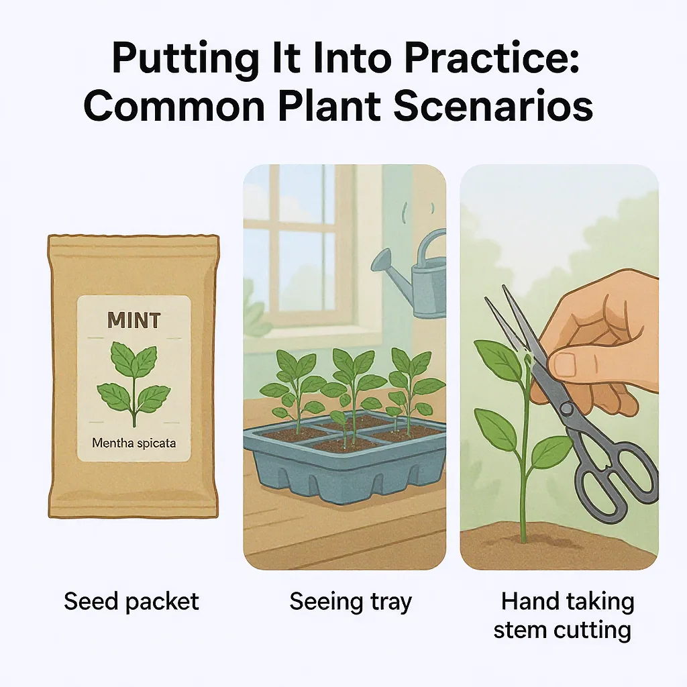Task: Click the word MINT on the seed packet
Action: point(134,320)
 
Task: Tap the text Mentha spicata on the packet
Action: point(134,443)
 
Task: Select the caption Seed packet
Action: point(131,601)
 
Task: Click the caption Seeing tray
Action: point(350,601)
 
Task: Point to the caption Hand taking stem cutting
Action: point(564,615)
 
